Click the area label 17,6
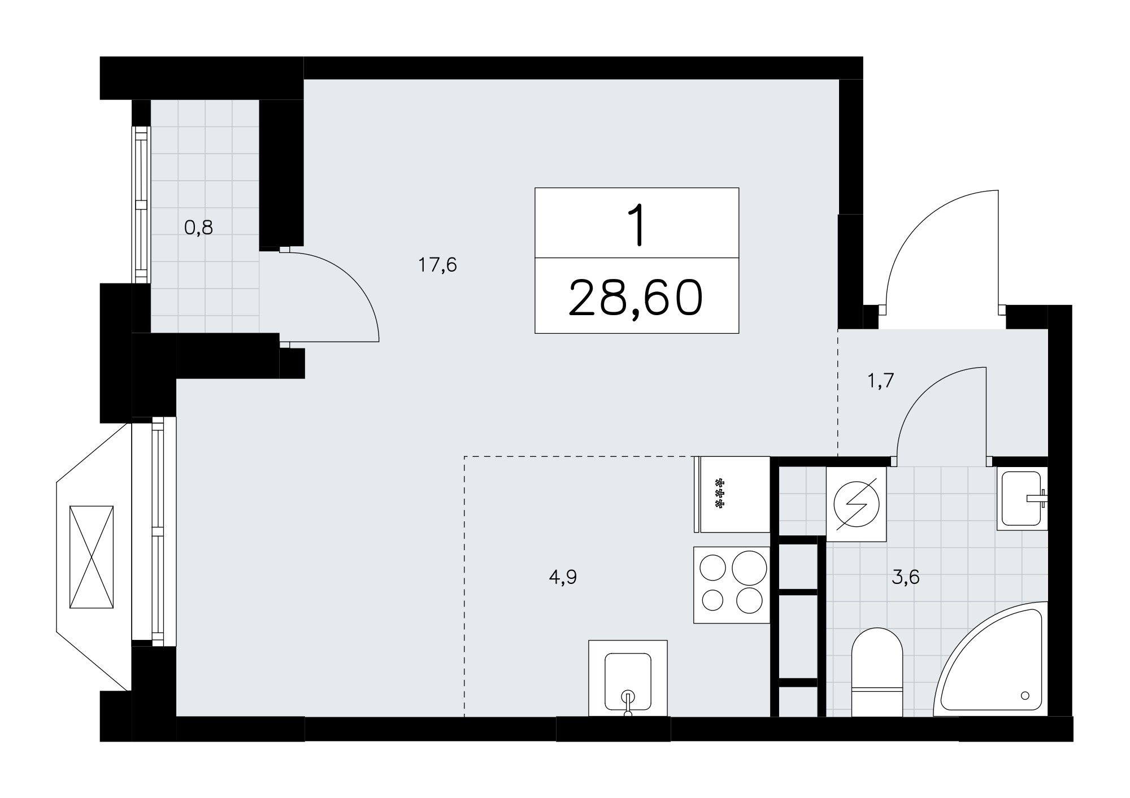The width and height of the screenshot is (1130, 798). (x=437, y=264)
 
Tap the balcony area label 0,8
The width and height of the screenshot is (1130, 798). (x=199, y=228)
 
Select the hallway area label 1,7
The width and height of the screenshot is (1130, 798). (x=880, y=381)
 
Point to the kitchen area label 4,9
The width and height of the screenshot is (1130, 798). (x=563, y=577)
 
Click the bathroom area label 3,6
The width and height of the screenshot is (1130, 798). (x=906, y=577)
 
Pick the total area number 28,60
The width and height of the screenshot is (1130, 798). (x=636, y=298)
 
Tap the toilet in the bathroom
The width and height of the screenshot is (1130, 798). (x=877, y=672)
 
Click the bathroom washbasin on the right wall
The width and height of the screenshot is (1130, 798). (x=1022, y=499)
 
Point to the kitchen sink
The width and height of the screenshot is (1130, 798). (x=628, y=678)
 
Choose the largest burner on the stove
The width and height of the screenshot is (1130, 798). (x=749, y=567)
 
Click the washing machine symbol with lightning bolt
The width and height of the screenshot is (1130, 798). (x=856, y=504)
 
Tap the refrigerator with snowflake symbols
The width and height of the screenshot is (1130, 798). (x=732, y=494)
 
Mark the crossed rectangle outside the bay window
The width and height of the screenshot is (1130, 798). (x=92, y=557)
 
